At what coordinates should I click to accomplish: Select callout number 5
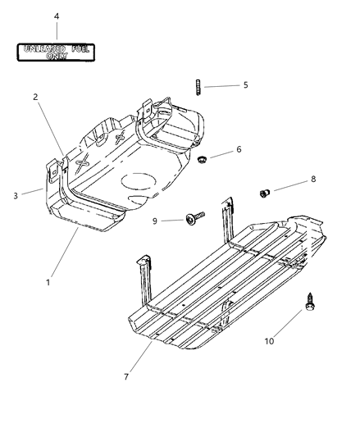click(x=244, y=85)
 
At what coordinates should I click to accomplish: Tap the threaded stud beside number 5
click(x=198, y=84)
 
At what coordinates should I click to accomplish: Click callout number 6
click(x=239, y=149)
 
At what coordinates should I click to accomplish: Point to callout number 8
click(x=289, y=179)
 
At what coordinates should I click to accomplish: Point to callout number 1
click(x=48, y=283)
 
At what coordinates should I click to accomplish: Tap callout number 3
click(x=16, y=196)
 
